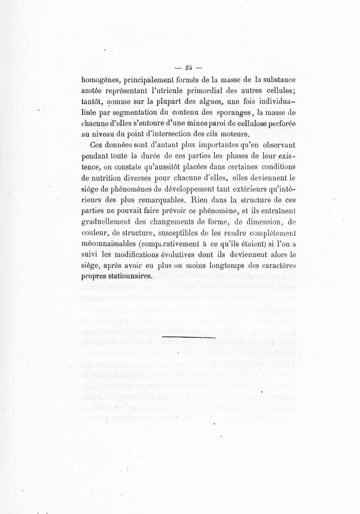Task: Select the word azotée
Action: pos(93,92)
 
